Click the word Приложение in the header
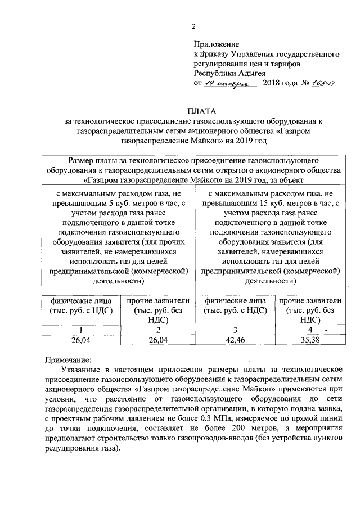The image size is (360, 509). pyautogui.click(x=217, y=44)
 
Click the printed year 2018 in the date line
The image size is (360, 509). pyautogui.click(x=274, y=83)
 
